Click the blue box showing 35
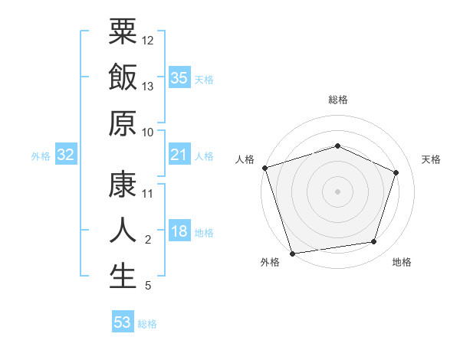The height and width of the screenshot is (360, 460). (x=179, y=78)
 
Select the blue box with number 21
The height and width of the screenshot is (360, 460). (x=179, y=155)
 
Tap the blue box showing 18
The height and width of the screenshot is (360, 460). (x=179, y=232)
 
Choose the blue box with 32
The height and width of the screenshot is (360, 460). (x=66, y=155)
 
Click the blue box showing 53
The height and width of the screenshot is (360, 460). (x=122, y=322)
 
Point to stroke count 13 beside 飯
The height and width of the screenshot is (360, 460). (x=148, y=86)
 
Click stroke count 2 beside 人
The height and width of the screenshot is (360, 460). (x=148, y=241)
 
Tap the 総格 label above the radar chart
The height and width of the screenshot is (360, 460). (x=337, y=100)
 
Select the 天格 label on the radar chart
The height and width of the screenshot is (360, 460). (x=432, y=159)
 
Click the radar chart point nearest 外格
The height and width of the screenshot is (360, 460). (x=293, y=253)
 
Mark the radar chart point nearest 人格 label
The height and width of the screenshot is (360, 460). (x=264, y=168)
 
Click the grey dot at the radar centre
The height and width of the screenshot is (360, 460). (x=337, y=191)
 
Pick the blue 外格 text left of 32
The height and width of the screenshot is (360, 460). (x=41, y=156)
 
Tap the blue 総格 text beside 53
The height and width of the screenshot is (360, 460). (x=147, y=324)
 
